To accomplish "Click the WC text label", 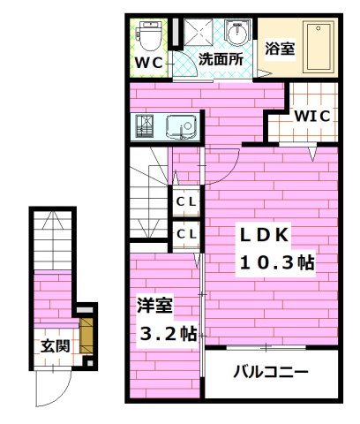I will [x=148, y=63].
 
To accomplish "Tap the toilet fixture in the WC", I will [x=150, y=36].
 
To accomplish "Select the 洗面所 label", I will [x=220, y=60].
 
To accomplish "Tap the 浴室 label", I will [x=280, y=49].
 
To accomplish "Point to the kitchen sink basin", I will [x=183, y=128].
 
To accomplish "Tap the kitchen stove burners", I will [x=146, y=128].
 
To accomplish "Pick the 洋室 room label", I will [x=154, y=307].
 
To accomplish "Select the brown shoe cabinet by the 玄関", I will [x=86, y=337].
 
